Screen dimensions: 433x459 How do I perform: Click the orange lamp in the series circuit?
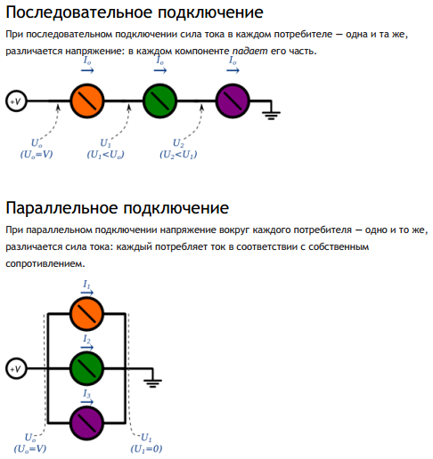87,101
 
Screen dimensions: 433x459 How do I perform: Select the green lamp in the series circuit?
159,101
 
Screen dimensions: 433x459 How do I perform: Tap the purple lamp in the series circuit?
233,101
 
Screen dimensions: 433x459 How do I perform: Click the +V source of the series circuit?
16,101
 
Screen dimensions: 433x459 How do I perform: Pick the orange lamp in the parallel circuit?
86,314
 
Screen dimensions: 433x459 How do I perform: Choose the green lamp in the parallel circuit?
86,368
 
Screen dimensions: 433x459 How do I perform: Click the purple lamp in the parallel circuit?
86,423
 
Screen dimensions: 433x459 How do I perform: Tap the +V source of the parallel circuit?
16,368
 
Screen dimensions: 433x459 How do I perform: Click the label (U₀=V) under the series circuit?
37,154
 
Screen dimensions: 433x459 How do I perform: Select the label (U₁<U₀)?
105,154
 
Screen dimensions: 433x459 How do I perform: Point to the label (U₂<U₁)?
178,154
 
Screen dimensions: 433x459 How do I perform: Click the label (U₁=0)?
146,448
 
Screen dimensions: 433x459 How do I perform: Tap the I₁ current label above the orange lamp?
86,285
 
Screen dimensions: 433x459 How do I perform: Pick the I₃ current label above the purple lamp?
86,394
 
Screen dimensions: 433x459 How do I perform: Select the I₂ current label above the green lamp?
86,339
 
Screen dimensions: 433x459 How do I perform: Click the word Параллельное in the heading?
61,208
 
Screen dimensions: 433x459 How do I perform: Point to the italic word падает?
249,52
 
